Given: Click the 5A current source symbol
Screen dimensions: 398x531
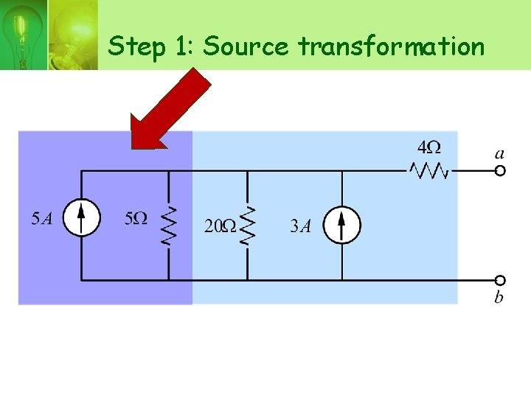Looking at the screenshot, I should pyautogui.click(x=80, y=219).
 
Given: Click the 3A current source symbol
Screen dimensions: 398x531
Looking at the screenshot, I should pyautogui.click(x=342, y=224).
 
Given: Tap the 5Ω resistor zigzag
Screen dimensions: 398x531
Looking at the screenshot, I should pyautogui.click(x=169, y=225).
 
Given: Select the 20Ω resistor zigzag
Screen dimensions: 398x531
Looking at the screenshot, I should pyautogui.click(x=248, y=225).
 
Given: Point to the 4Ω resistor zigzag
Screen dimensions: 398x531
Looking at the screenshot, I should pyautogui.click(x=428, y=171).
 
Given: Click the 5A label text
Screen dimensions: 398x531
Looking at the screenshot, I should pyautogui.click(x=41, y=219).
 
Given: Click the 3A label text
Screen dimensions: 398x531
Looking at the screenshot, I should pyautogui.click(x=300, y=226).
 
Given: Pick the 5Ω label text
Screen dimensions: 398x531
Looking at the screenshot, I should pyautogui.click(x=136, y=219).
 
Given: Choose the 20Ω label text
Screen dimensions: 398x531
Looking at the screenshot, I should pyautogui.click(x=219, y=226).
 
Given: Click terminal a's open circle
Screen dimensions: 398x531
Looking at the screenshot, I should pyautogui.click(x=500, y=171).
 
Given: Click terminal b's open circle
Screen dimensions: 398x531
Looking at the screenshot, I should pyautogui.click(x=500, y=280).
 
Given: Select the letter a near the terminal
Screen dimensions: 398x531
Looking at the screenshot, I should pyautogui.click(x=499, y=153).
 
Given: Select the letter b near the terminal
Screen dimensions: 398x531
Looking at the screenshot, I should pyautogui.click(x=499, y=297).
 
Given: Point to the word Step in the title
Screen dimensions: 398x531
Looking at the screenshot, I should pyautogui.click(x=136, y=47).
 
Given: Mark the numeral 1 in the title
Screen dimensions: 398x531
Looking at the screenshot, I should pyautogui.click(x=180, y=46).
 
